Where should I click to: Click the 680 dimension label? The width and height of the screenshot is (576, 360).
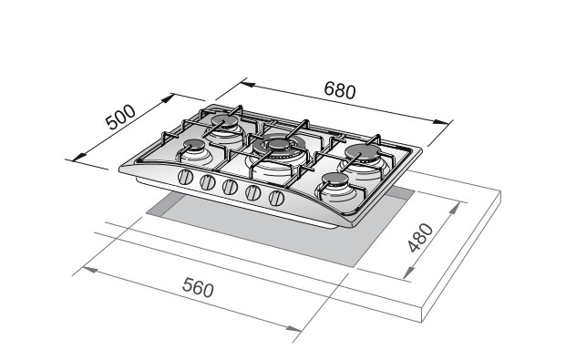[340, 90]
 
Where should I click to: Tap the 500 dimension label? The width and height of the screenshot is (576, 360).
[120, 118]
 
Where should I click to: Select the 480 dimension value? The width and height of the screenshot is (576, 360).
[421, 237]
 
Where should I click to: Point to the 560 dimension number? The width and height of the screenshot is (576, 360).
[198, 287]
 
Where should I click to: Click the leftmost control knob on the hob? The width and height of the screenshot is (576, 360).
[186, 178]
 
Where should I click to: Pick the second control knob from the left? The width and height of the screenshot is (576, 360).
[208, 182]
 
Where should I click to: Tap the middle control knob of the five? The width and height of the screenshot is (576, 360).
[230, 187]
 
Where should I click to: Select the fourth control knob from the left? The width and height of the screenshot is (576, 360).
[253, 192]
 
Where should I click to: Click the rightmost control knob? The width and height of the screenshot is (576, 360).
[276, 198]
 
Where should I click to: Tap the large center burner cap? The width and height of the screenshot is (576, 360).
[279, 144]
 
